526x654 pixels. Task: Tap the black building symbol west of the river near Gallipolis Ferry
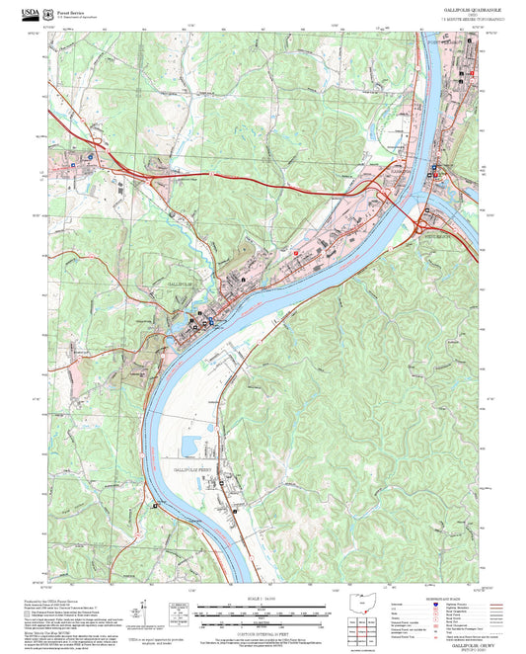[x=154, y=505]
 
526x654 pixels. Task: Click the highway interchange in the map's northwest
[x=103, y=151]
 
